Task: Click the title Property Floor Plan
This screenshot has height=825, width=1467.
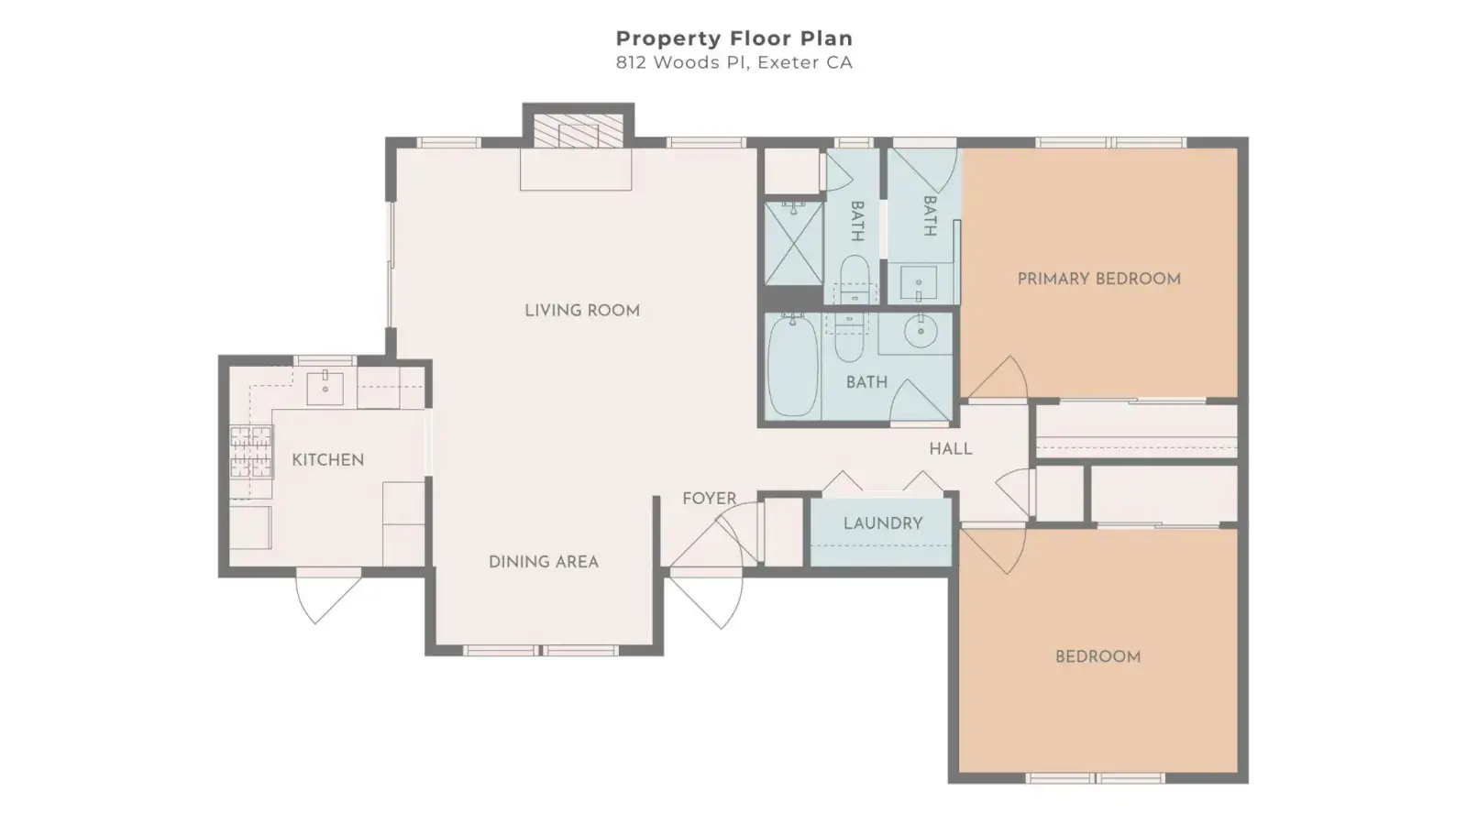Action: pos(734,38)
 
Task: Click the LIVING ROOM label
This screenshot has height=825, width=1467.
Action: pos(582,311)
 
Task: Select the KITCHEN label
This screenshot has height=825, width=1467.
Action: pos(328,459)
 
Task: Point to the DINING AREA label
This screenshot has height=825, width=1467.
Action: pos(544,562)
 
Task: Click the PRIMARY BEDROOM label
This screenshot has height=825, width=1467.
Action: pos(1099,279)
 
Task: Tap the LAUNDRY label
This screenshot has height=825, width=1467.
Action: pos(883,523)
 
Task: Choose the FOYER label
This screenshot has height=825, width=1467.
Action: pos(710,499)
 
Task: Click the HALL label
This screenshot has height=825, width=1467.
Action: pos(950,448)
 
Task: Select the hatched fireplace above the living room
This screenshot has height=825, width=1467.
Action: pos(578,131)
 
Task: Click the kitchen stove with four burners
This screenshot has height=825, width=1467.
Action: pos(251,452)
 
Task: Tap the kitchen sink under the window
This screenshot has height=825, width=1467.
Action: pos(325,388)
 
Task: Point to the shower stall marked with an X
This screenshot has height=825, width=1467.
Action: pos(794,244)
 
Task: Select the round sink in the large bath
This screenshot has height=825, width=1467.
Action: pos(921,331)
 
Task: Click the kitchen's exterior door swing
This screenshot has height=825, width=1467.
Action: pos(326,597)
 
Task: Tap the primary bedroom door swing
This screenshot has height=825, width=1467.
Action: pos(998,378)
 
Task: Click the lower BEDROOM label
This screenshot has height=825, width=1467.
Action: pos(1097,656)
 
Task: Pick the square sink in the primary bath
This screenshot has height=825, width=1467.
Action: pos(918,283)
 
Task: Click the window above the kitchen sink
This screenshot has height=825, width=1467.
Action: pos(325,360)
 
